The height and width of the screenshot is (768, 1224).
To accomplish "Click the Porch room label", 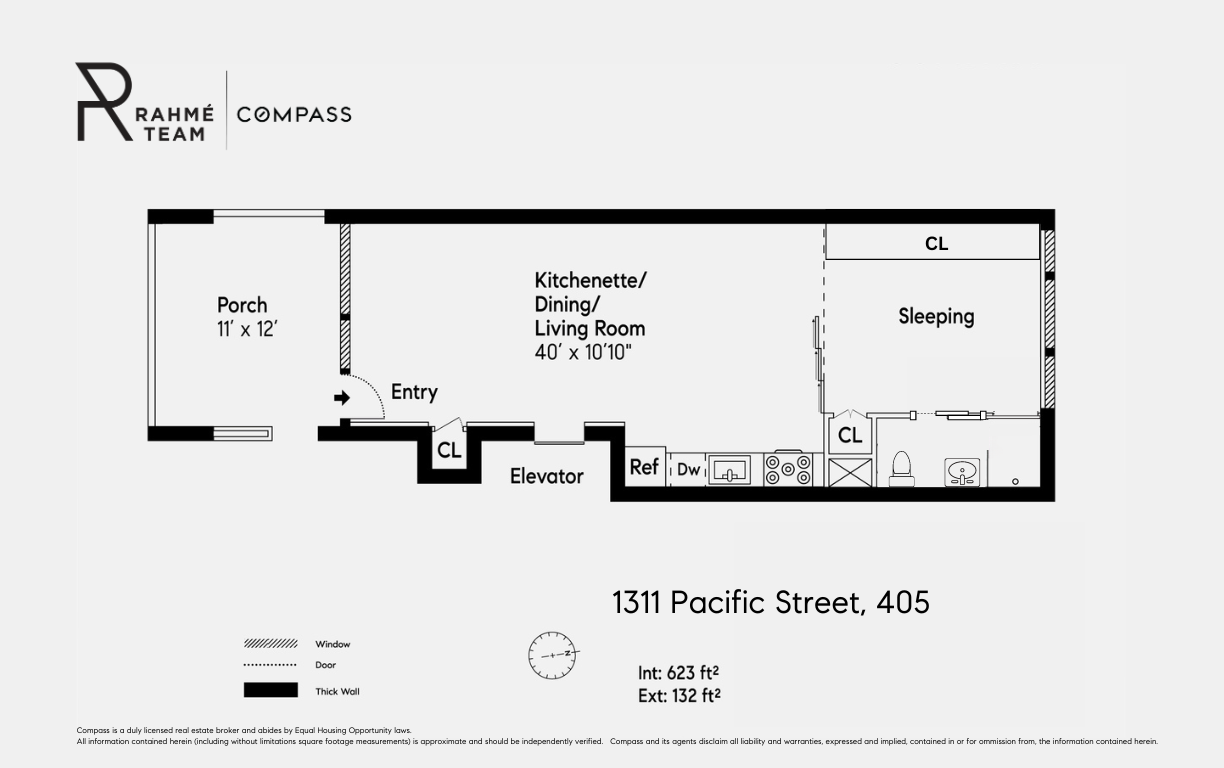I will [x=242, y=305].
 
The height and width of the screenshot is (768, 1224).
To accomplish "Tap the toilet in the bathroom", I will [x=901, y=468].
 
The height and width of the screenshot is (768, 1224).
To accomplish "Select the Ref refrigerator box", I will [x=645, y=467].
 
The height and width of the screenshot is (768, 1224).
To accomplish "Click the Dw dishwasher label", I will [x=688, y=469].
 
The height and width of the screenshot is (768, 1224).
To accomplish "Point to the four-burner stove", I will [x=789, y=469].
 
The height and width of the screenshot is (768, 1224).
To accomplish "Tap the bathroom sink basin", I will [x=962, y=472].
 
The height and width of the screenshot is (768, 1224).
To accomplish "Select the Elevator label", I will [x=546, y=476].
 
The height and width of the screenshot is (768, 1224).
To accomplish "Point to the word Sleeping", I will [x=936, y=316].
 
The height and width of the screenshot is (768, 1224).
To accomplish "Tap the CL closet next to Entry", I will [x=449, y=451].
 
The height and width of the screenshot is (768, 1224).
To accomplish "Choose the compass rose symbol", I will [x=553, y=655].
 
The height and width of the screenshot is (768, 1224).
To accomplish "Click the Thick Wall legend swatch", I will [x=270, y=690].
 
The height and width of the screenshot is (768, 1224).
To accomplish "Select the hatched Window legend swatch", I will [x=270, y=644].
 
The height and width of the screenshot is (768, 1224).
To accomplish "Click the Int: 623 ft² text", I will [x=679, y=673].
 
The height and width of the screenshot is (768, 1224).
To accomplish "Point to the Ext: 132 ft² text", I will [x=679, y=695].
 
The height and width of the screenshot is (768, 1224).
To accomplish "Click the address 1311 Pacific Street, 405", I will [x=770, y=603].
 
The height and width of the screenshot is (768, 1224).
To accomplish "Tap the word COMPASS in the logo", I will [x=294, y=114].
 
